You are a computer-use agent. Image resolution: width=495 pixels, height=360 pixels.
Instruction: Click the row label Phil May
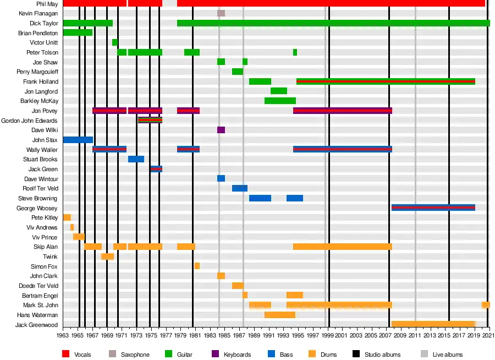tap(47, 4)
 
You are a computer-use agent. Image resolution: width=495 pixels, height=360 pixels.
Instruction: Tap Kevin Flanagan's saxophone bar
tap(221, 13)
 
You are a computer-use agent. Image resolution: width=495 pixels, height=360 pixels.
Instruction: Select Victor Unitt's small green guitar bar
tap(114, 42)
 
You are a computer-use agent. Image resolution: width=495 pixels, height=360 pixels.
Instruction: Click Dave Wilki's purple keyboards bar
tap(221, 130)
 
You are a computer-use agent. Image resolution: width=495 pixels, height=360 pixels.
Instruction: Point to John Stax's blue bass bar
tap(78, 140)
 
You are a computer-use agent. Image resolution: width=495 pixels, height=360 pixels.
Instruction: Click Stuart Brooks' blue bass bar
tap(136, 159)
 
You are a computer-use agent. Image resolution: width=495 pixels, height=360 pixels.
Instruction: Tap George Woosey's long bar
tap(433, 208)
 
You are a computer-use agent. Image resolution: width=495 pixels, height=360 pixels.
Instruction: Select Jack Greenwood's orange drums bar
tap(433, 324)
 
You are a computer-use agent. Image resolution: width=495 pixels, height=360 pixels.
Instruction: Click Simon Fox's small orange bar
tap(197, 266)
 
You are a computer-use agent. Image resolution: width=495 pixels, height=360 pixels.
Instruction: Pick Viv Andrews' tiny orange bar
tap(72, 227)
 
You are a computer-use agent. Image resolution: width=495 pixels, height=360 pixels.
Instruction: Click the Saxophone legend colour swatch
tap(113, 354)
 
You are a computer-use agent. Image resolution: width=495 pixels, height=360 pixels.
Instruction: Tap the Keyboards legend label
tap(237, 354)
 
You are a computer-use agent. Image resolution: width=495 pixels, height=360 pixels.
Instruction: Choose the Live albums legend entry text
tap(447, 354)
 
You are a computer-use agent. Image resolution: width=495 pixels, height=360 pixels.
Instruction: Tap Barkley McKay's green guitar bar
tap(280, 101)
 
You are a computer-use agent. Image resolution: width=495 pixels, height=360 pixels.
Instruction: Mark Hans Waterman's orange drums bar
tap(279, 315)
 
